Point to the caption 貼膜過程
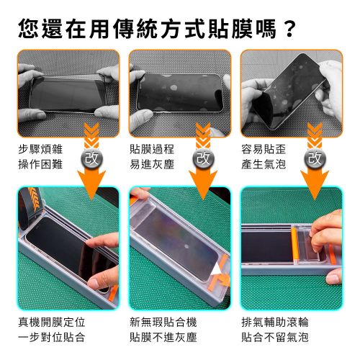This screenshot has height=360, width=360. click(x=151, y=149)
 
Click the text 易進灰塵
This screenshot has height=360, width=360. click(x=151, y=164)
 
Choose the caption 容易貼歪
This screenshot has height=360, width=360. click(x=263, y=149)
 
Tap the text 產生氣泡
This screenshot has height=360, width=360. click(x=263, y=164)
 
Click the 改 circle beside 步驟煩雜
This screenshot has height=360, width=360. click(x=91, y=158)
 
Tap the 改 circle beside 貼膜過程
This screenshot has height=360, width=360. click(x=202, y=158)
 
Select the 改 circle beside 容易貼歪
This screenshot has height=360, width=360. click(x=314, y=158)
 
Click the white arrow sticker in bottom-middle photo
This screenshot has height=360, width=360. click(x=218, y=269)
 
